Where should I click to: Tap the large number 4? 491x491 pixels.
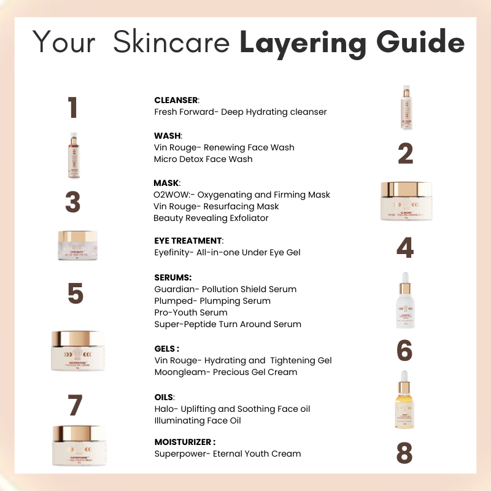click(405, 247)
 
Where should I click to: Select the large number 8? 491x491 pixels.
click(405, 454)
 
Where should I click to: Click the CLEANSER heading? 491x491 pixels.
click(177, 100)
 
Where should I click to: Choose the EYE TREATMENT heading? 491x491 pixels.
click(189, 240)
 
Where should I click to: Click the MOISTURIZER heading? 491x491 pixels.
click(185, 441)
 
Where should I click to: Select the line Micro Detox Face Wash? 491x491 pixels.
click(203, 159)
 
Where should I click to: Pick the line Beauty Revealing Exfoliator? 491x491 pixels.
click(211, 218)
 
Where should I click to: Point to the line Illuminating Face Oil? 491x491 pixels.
click(198, 420)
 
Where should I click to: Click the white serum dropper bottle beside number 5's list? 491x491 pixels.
click(405, 303)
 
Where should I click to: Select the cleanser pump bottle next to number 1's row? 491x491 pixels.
click(404, 108)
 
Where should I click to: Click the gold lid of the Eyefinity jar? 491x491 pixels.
click(77, 236)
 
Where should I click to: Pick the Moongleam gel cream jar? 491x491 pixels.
click(78, 350)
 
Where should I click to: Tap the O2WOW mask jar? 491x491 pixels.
click(406, 201)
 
